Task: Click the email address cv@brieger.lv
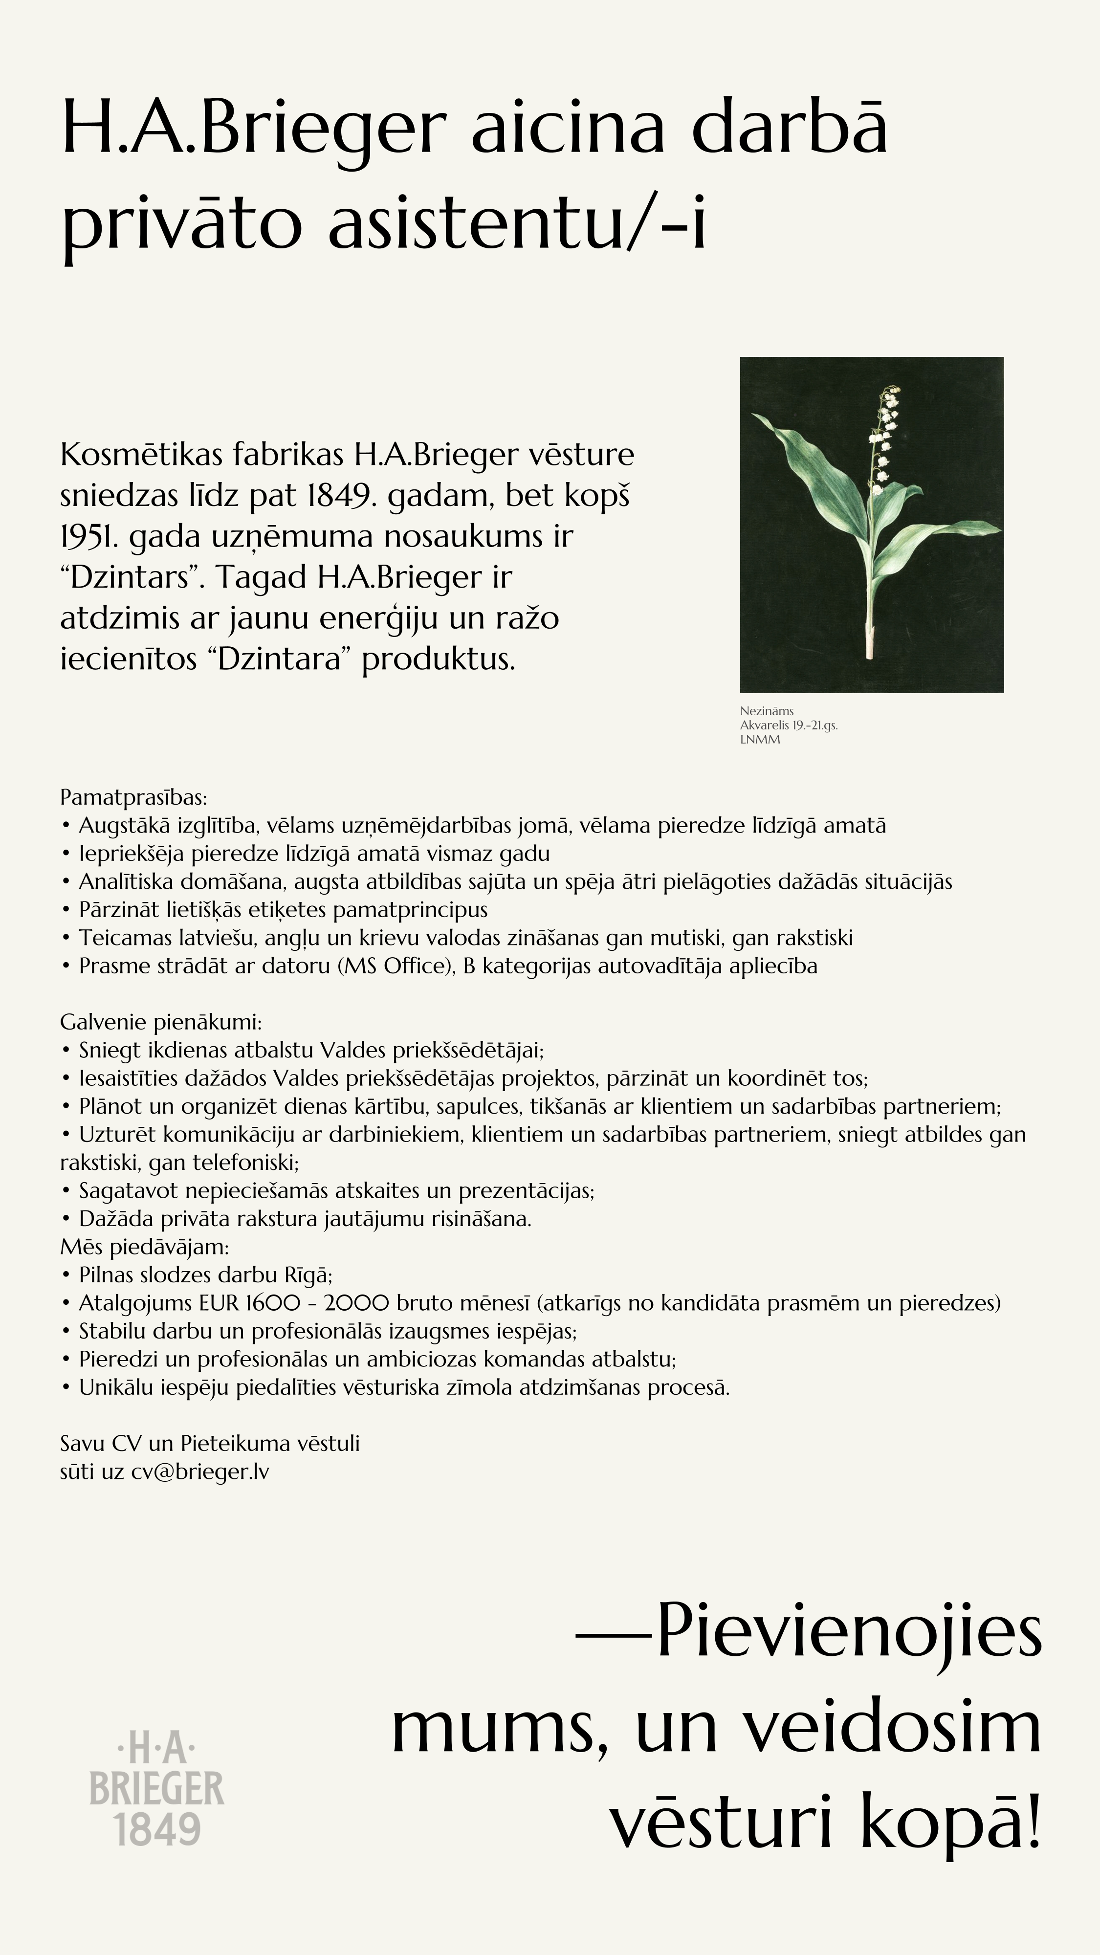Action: click(x=199, y=1472)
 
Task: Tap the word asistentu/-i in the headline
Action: click(x=516, y=225)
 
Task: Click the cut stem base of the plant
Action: click(x=870, y=641)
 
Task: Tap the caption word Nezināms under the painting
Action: click(x=767, y=711)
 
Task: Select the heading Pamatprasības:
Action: click(x=133, y=798)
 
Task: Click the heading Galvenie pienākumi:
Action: click(x=161, y=1022)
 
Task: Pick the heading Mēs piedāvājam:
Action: click(x=144, y=1247)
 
